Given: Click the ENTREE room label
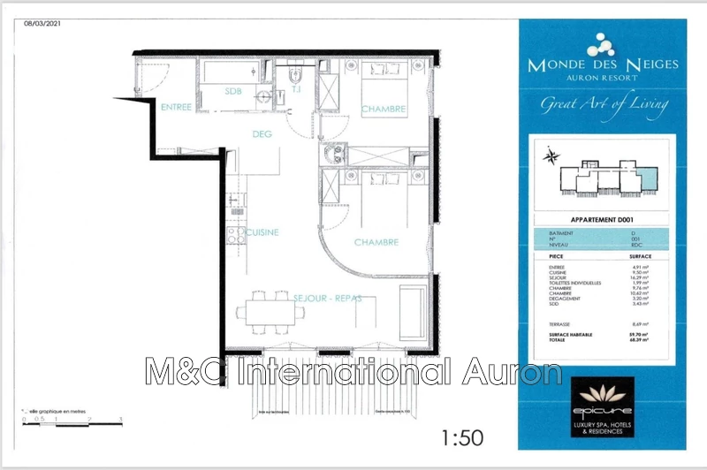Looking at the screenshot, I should [175, 107].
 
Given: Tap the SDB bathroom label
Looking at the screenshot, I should [232, 91].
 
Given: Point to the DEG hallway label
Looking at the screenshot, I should [262, 134].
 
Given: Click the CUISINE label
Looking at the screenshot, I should [262, 232].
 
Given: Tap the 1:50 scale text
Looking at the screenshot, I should [460, 436].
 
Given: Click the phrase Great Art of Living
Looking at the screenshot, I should [604, 104].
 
